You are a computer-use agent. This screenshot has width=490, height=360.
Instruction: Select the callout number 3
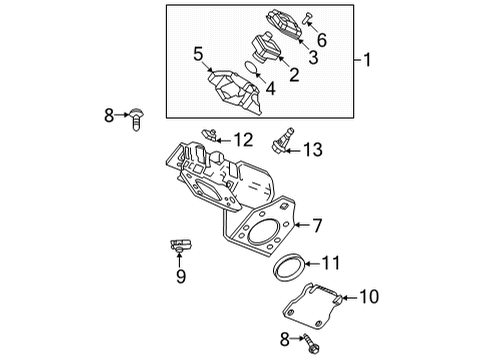tap(314, 57)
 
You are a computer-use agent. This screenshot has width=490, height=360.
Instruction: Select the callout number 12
tap(244, 139)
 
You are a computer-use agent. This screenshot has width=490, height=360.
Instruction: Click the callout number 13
tap(313, 150)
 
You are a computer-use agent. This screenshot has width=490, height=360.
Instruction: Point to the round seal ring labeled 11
tap(289, 268)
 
